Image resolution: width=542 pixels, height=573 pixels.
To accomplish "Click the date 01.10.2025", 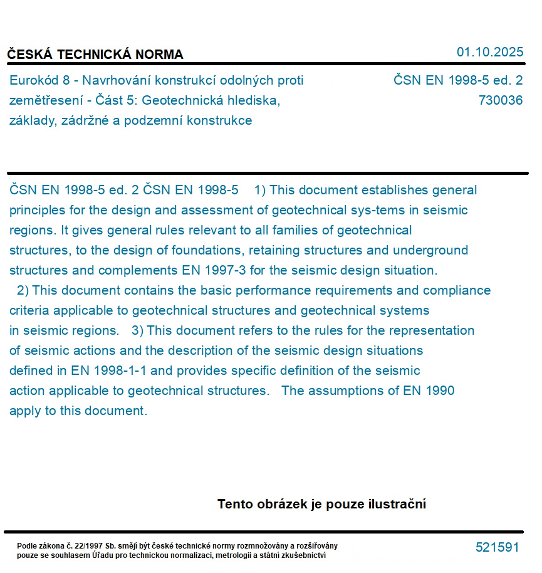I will (x=489, y=52).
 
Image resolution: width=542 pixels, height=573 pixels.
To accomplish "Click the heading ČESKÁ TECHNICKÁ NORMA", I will (x=95, y=55).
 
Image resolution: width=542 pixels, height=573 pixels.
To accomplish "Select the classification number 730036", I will (x=500, y=100).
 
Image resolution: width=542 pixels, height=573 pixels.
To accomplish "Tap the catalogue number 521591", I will (x=497, y=547).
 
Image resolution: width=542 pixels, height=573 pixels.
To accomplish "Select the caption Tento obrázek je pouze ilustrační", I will (x=321, y=504).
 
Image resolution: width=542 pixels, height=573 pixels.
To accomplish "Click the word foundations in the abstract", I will (x=207, y=250).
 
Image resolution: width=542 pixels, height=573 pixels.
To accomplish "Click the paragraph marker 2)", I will (x=23, y=290).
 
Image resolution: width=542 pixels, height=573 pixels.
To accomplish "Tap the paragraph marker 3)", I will (x=137, y=330).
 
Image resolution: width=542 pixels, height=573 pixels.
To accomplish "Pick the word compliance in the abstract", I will (x=459, y=290).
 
